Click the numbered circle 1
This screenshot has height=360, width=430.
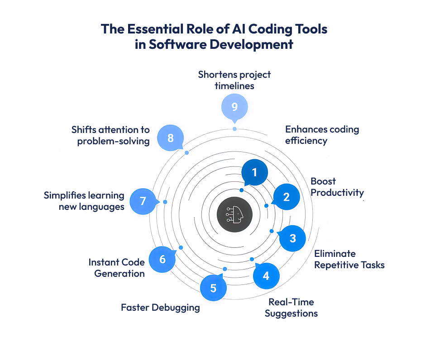click(254, 172)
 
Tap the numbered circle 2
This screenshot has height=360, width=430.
click(286, 197)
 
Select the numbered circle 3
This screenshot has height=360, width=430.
click(292, 238)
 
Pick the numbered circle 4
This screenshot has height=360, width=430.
click(266, 275)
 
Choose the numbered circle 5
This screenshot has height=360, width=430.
click(213, 288)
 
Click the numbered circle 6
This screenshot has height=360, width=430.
click(162, 259)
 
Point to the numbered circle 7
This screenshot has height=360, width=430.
click(143, 201)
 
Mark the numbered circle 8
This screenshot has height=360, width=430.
click(170, 138)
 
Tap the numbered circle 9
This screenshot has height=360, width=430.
click(234, 107)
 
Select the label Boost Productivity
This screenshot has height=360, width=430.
click(337, 187)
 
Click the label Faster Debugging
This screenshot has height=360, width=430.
click(160, 308)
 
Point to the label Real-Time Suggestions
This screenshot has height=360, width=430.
click(291, 308)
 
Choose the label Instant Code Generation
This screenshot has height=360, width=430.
click(117, 268)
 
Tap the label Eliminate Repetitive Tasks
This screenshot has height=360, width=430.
click(349, 259)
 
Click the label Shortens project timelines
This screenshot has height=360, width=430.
click(234, 80)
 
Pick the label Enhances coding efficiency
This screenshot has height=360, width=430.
click(322, 135)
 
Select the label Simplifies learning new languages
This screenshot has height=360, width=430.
click(84, 201)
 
